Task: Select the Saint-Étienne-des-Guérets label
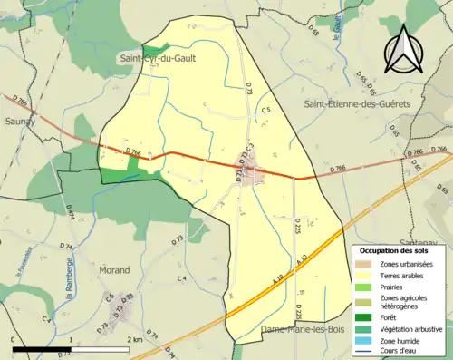coord(356,104)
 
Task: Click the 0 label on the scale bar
coord(14,339)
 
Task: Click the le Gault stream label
coord(336,32)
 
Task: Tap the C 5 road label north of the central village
coord(265,110)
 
